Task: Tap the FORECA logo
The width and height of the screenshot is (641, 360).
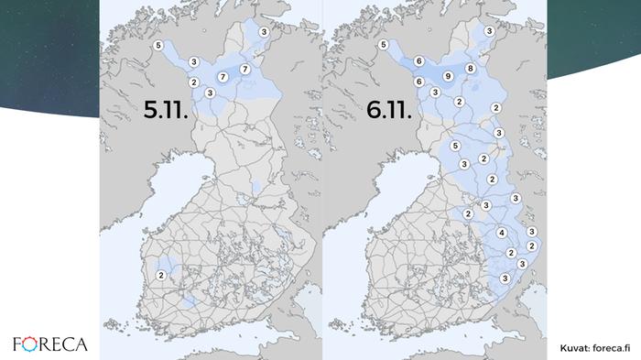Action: point(50,344)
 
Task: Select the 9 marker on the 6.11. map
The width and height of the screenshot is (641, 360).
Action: point(448,76)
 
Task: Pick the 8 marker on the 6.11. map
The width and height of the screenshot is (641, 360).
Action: point(470,69)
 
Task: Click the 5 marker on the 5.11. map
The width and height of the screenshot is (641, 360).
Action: point(158,45)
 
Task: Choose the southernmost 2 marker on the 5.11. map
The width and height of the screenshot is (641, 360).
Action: point(161,275)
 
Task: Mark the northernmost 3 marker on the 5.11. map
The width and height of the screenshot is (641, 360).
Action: point(264,32)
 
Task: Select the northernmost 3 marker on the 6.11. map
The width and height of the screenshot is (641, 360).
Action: point(489,31)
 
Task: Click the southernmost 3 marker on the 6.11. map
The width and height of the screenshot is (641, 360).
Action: point(505,278)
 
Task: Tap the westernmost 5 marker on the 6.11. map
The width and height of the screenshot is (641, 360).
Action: point(455,147)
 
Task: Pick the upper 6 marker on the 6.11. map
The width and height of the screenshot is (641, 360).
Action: point(418,61)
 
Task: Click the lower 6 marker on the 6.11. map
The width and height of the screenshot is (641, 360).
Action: point(418,82)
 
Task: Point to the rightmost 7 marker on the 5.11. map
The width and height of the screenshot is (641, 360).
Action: point(244,70)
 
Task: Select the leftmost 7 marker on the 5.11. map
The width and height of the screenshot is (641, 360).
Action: point(223,78)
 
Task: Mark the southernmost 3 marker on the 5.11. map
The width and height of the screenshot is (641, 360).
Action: point(210,93)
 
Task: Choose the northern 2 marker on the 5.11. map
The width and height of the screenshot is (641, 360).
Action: point(193,82)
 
